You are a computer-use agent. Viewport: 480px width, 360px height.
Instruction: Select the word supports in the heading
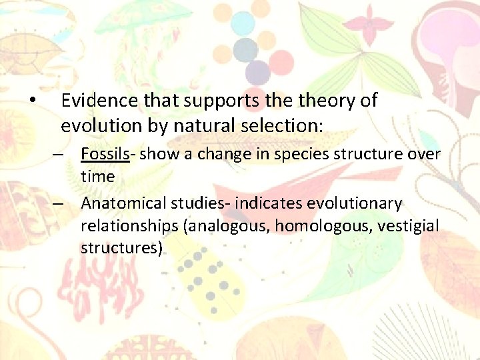coord(215,101)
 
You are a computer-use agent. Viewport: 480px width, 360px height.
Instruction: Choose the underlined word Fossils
coord(105,154)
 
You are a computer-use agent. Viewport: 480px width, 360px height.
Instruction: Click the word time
coord(97,177)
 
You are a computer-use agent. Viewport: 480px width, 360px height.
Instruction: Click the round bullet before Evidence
coord(32,101)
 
